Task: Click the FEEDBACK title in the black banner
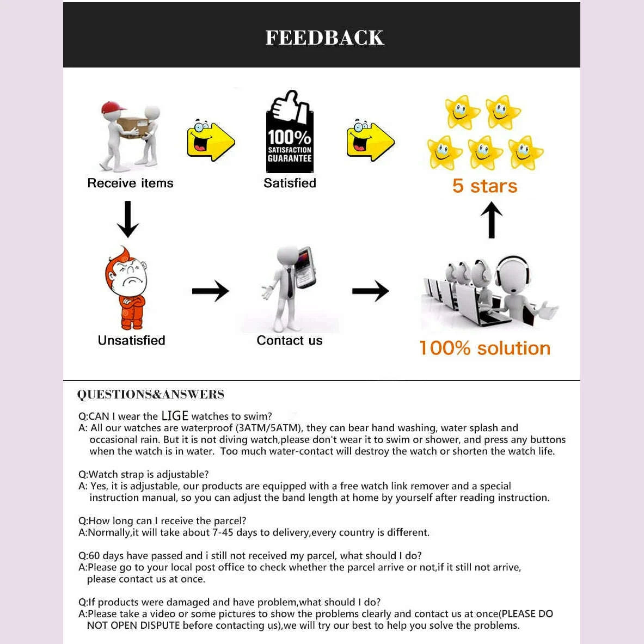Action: [324, 38]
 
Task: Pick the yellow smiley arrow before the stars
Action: [370, 140]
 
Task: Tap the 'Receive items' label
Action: [130, 183]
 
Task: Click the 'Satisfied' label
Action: [290, 183]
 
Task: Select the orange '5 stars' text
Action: [484, 186]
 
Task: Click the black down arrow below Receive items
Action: [128, 219]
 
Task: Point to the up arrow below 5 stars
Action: [492, 220]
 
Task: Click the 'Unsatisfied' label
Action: [131, 341]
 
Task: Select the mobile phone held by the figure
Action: [304, 267]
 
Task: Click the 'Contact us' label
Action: [289, 341]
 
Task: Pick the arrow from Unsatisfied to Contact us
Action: [210, 291]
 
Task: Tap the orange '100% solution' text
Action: [484, 348]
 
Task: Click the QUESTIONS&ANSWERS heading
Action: [150, 395]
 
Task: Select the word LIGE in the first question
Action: [175, 416]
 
